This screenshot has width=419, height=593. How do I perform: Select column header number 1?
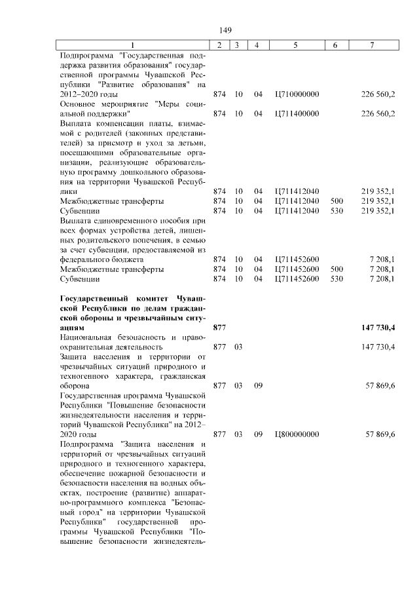(132, 45)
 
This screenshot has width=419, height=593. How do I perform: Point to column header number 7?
(372, 45)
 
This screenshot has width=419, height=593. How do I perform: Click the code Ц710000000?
(297, 94)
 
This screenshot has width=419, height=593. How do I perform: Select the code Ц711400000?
(297, 114)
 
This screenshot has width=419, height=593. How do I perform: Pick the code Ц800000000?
(297, 434)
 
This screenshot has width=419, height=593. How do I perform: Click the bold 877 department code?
(219, 327)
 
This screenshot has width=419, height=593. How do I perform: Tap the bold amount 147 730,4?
(378, 327)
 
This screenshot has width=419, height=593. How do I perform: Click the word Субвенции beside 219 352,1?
(79, 211)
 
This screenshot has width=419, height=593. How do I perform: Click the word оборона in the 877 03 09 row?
(76, 386)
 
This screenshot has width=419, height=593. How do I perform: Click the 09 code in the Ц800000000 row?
(258, 434)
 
